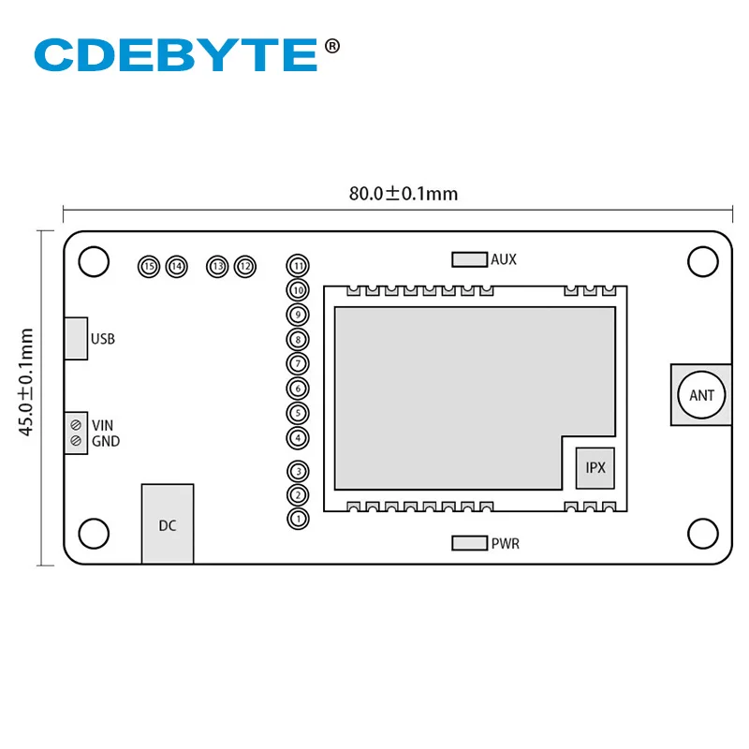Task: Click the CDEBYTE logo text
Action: tap(175, 54)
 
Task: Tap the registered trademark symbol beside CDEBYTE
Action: tap(331, 44)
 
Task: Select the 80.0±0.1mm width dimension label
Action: tap(404, 194)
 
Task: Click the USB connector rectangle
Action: tap(76, 338)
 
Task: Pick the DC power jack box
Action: tap(168, 523)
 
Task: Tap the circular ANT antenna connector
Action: tap(701, 394)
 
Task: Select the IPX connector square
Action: tap(595, 466)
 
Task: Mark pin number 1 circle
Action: tap(298, 518)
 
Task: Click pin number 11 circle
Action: tap(298, 266)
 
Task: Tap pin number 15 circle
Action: tap(148, 267)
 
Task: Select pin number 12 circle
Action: tap(245, 267)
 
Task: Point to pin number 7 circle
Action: tap(298, 363)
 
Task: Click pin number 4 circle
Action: tap(298, 437)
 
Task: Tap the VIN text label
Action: tap(102, 426)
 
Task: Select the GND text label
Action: tap(105, 441)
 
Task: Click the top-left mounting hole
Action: tap(94, 262)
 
